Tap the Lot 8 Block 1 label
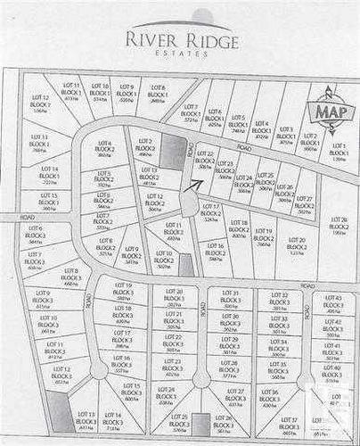pos(157,93)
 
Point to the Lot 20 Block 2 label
pos(297,245)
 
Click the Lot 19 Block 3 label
pos(122,291)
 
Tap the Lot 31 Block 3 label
pos(231,297)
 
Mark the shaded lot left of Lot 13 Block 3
pos(59,412)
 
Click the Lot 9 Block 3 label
pos(43,298)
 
